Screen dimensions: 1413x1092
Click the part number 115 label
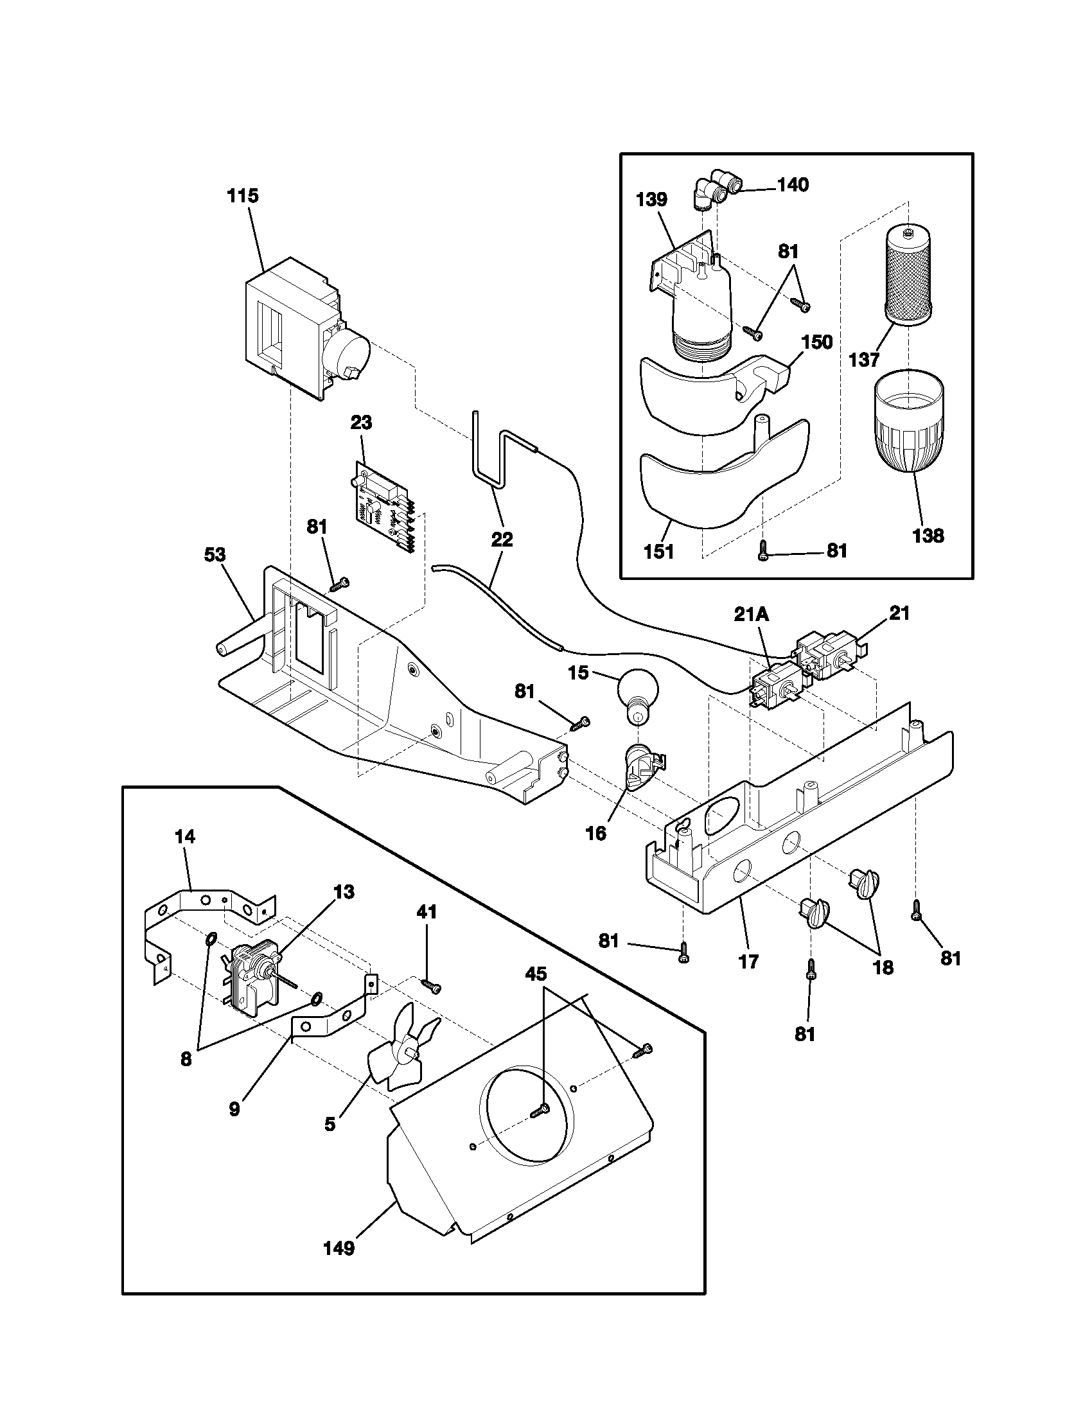(243, 195)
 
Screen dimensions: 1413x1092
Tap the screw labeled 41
(432, 987)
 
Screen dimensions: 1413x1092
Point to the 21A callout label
(751, 616)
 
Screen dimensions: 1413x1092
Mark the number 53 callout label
(215, 554)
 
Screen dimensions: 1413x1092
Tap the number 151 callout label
(659, 551)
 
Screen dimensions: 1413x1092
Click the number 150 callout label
(817, 341)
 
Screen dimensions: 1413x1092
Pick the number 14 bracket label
(184, 836)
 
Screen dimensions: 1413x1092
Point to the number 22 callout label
(502, 539)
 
